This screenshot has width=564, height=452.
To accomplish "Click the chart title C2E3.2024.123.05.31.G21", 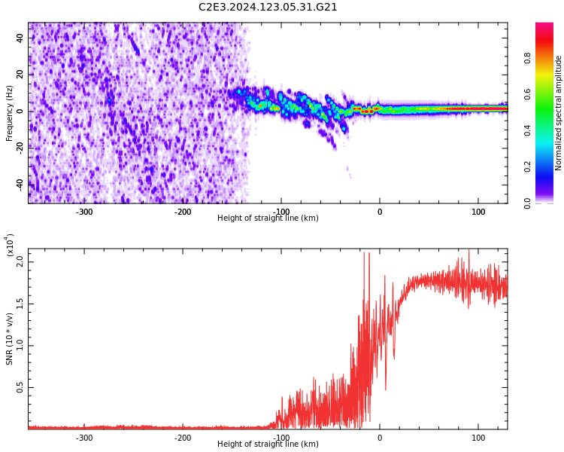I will click(x=268, y=8).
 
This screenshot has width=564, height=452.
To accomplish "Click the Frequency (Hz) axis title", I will click(x=10, y=113).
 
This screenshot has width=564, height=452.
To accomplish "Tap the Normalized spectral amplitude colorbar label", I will click(x=559, y=113).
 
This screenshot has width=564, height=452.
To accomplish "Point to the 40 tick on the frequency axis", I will click(x=20, y=38).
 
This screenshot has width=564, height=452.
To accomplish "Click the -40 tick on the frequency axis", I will click(x=19, y=184).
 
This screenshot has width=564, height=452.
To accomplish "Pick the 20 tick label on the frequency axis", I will click(x=20, y=75).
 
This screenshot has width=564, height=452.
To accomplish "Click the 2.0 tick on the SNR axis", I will click(x=20, y=261).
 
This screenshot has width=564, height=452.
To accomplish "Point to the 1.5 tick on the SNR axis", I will click(x=20, y=304).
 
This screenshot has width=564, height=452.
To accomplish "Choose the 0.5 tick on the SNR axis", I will click(x=20, y=388).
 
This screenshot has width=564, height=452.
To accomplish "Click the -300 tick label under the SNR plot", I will click(x=84, y=438).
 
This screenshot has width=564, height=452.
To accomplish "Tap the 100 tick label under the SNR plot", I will click(x=478, y=438).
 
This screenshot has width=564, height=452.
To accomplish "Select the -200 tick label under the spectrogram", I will click(x=183, y=212).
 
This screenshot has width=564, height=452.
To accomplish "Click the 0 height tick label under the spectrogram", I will click(x=380, y=212).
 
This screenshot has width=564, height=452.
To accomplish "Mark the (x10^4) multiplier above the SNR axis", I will click(x=10, y=246).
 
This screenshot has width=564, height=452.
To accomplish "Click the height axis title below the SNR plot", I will click(x=268, y=444).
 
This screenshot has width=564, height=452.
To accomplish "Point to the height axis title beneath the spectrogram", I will click(x=268, y=218).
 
